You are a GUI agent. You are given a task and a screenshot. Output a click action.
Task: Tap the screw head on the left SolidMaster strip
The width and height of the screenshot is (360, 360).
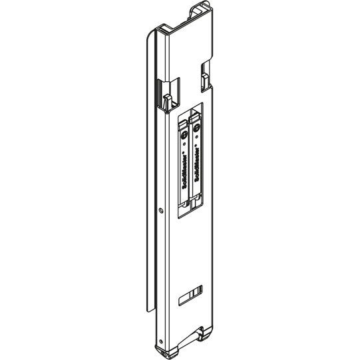(184, 136)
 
